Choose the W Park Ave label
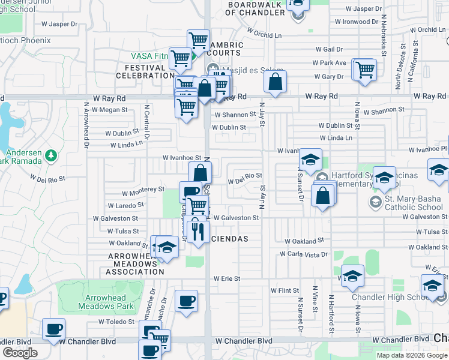[329, 63]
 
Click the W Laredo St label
[125, 205]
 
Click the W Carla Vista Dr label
[303, 254]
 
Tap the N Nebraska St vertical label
[382, 36]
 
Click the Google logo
[20, 353]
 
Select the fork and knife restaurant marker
[197, 229]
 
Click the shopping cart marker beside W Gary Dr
[364, 70]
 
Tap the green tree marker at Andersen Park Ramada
[51, 155]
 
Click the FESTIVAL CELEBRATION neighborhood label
[145, 72]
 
